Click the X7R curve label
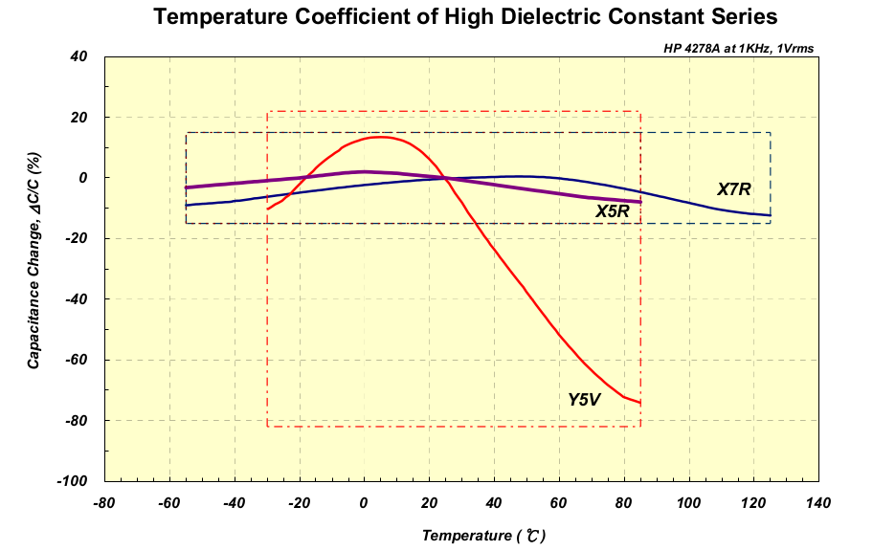pyautogui.click(x=734, y=189)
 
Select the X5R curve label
pyautogui.click(x=612, y=211)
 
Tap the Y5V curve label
pyautogui.click(x=584, y=400)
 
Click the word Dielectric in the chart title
pyautogui.click(x=548, y=16)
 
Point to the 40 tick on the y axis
pyautogui.click(x=79, y=56)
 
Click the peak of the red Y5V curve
pyautogui.click(x=380, y=137)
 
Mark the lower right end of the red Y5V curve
pyautogui.click(x=639, y=403)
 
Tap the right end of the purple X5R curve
pyautogui.click(x=639, y=202)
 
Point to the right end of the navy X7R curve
pyautogui.click(x=770, y=215)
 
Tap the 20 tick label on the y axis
pyautogui.click(x=79, y=117)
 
